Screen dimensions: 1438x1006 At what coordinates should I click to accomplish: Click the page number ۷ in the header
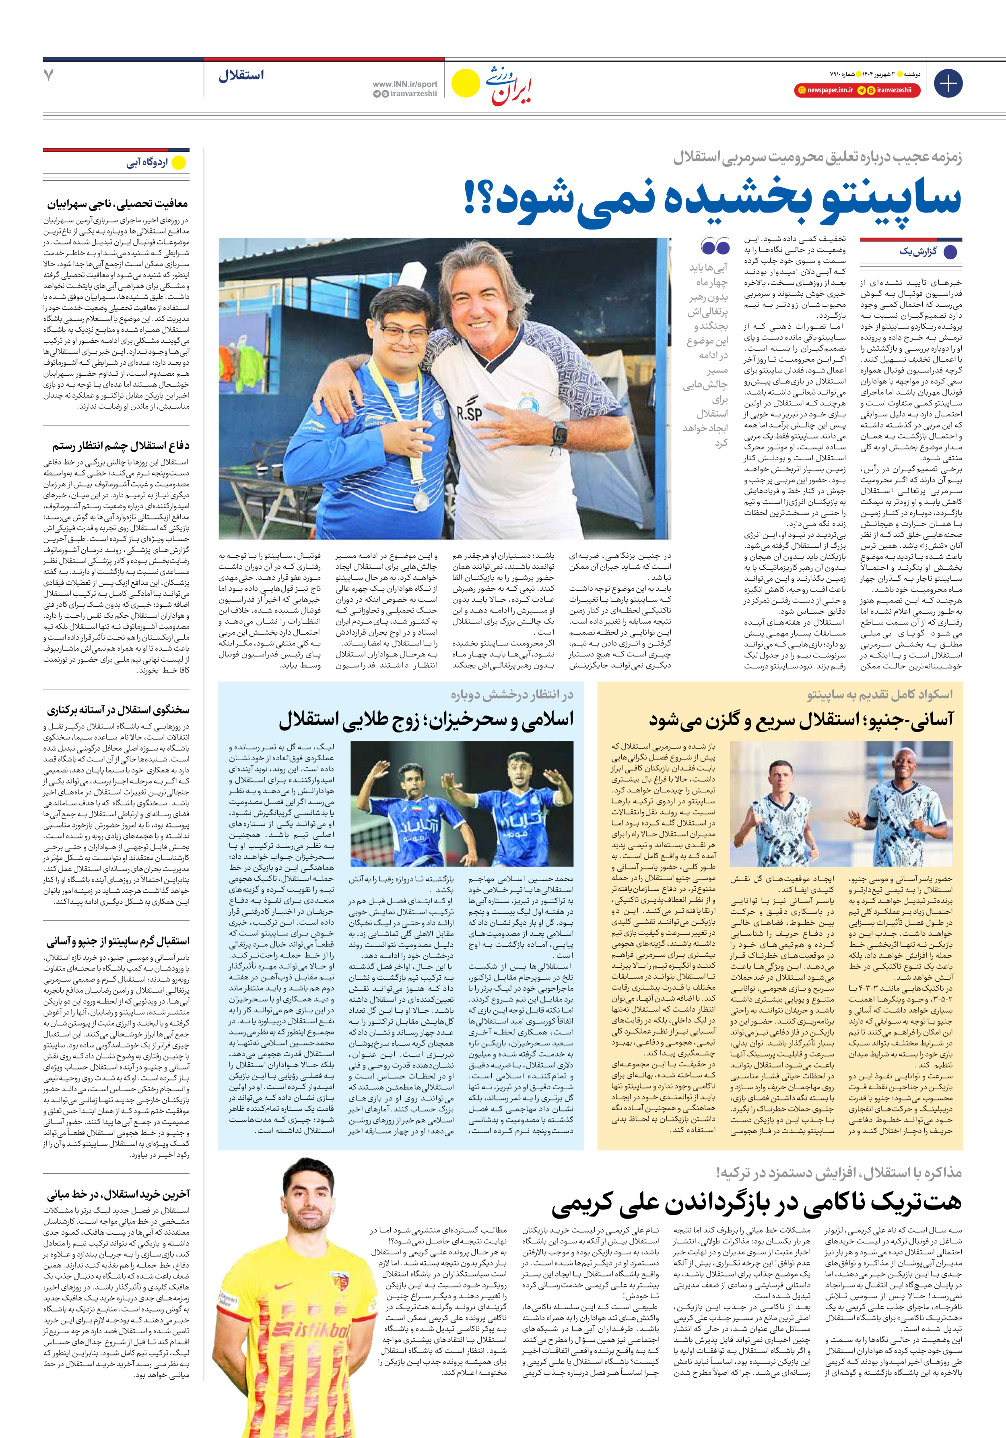coord(49,75)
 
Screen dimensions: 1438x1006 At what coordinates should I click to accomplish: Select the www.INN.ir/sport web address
coord(404,84)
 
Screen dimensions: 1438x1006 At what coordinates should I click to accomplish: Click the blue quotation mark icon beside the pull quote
coord(715,246)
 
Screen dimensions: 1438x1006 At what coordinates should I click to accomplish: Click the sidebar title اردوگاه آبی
coord(147,163)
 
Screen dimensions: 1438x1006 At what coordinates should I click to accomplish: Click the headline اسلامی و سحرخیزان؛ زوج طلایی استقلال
coord(426,720)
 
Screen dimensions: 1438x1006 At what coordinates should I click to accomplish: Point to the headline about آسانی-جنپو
coord(801,720)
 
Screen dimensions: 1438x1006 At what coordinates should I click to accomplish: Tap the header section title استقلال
coord(241,76)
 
